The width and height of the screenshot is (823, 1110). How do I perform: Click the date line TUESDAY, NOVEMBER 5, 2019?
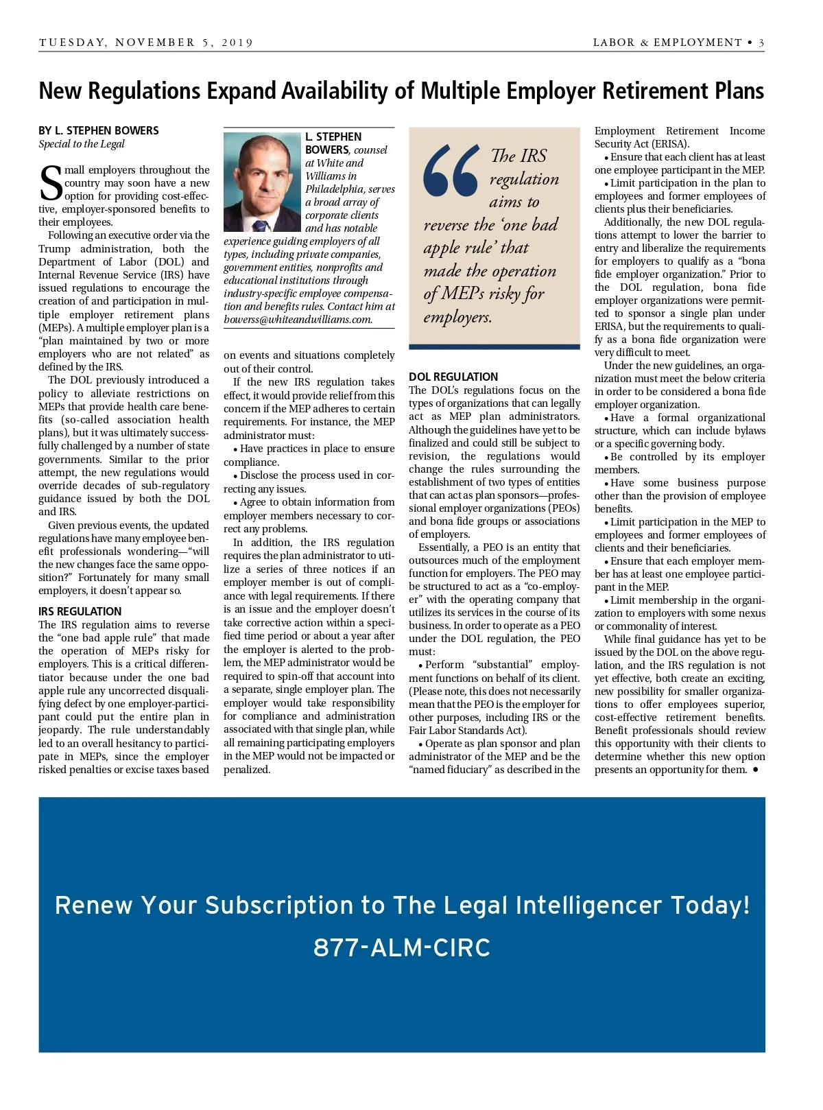[x=146, y=43]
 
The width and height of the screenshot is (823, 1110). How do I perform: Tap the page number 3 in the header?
[x=761, y=43]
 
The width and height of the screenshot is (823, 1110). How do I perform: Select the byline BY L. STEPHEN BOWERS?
[x=99, y=130]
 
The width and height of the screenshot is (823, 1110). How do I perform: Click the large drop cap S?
[x=51, y=185]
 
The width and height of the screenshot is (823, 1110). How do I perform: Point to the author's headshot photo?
[x=262, y=182]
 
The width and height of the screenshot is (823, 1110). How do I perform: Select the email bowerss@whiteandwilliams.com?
[x=298, y=320]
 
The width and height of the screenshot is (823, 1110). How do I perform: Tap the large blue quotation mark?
[x=451, y=172]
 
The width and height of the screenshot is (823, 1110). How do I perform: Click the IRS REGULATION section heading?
[x=80, y=611]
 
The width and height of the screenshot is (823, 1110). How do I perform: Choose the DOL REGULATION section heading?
[x=453, y=377]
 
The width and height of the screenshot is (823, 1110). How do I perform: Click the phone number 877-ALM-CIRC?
[x=402, y=948]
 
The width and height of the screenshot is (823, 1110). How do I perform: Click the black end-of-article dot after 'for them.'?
[x=755, y=770]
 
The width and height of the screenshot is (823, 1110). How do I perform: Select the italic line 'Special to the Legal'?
[x=82, y=144]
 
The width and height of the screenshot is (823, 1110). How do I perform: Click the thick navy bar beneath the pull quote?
[x=494, y=347]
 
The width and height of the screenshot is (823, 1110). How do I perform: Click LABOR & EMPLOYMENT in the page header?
[x=667, y=43]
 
